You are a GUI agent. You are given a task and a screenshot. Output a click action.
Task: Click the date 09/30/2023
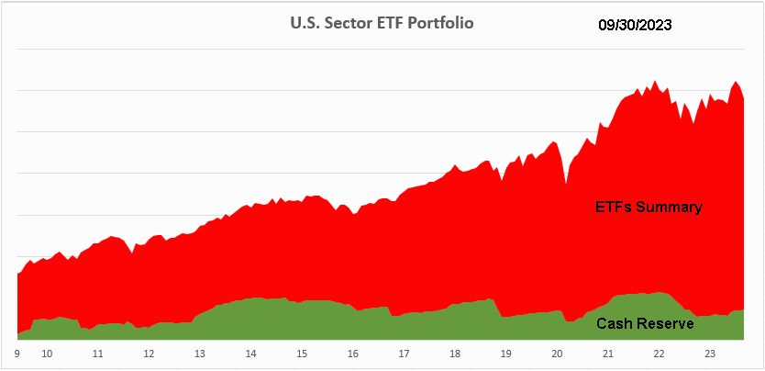(x=636, y=26)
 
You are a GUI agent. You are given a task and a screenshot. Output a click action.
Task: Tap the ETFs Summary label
(x=649, y=207)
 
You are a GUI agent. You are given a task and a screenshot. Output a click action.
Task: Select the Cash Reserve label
(x=645, y=323)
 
